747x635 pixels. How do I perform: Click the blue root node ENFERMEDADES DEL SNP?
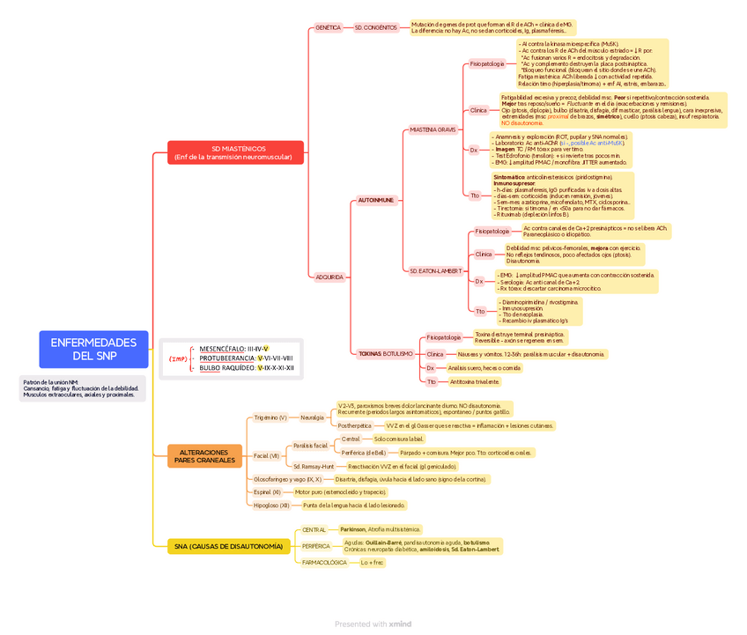click(92, 349)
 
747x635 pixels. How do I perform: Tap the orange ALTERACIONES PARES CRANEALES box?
click(204, 455)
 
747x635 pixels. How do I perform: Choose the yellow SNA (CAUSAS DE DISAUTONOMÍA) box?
click(229, 546)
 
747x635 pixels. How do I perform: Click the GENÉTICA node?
click(328, 27)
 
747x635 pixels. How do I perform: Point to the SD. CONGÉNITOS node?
click(376, 28)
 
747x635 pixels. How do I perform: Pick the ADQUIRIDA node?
click(329, 277)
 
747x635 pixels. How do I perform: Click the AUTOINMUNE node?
click(376, 200)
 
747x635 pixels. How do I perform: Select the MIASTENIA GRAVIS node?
click(433, 129)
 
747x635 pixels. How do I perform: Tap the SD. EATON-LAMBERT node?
click(435, 270)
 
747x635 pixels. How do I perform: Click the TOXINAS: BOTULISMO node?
click(386, 353)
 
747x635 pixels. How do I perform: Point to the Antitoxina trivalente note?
click(474, 382)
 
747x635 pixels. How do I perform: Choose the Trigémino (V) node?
click(270, 417)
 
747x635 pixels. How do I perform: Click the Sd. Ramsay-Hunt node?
click(314, 466)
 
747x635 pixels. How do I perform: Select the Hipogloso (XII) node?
click(271, 506)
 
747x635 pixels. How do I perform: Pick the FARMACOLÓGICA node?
click(324, 562)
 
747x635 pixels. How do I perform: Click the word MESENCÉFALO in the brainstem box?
click(222, 350)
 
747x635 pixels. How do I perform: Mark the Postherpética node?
click(355, 425)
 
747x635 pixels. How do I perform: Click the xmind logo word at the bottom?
click(400, 624)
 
